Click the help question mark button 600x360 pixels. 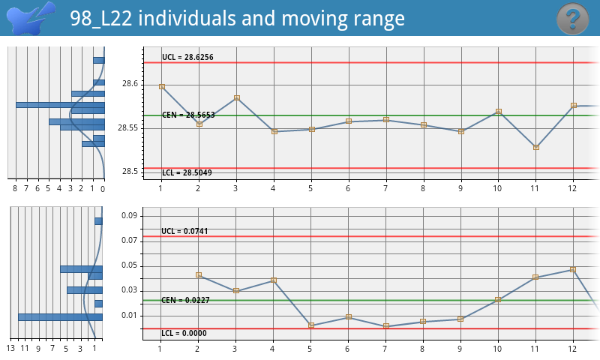[x=573, y=18]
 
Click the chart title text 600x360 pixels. [x=238, y=19]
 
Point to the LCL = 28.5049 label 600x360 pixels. [x=187, y=173]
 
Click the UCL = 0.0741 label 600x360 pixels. [x=184, y=231]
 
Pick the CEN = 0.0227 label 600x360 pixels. [x=184, y=300]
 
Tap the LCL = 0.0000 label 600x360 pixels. [x=184, y=334]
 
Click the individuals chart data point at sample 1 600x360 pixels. [x=161, y=86]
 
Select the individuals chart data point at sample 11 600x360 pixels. [x=535, y=147]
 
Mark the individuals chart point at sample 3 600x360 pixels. [x=236, y=97]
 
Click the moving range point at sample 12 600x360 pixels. [x=573, y=269]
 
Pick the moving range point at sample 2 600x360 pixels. [x=199, y=274]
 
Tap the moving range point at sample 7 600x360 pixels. [x=385, y=325]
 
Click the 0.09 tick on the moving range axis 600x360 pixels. [x=130, y=216]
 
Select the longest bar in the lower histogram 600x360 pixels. [x=60, y=317]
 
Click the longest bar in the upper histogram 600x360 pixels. [x=60, y=105]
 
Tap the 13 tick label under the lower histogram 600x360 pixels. [x=10, y=349]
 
